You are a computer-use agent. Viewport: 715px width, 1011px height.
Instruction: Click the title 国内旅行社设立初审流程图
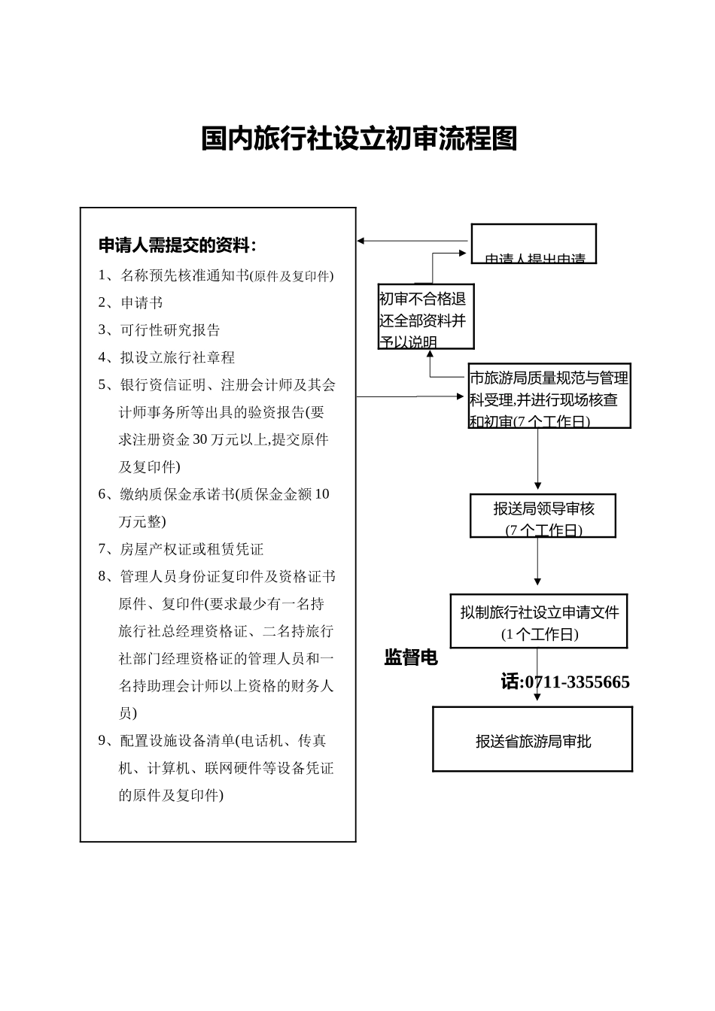359,138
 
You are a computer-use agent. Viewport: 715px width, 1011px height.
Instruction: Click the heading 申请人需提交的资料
177,245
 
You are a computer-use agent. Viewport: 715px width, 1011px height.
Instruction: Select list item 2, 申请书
141,302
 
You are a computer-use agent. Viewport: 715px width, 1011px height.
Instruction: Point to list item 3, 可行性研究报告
170,330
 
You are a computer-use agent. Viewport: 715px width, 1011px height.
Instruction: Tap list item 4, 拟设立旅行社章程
178,357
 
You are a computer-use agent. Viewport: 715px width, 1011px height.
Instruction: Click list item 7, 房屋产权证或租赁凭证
191,549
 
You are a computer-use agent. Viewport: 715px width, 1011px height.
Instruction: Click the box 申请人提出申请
534,244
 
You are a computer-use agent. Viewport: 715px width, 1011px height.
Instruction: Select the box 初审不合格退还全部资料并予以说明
426,317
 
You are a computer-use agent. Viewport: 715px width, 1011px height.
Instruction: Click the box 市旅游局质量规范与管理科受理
549,396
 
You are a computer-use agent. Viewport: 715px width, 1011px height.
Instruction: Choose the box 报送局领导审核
543,516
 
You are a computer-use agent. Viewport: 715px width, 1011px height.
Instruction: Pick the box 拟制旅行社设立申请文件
539,621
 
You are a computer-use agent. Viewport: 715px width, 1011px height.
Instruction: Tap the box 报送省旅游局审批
533,739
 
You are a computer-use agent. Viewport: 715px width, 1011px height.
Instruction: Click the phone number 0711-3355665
577,682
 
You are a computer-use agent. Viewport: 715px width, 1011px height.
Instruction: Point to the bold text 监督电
411,657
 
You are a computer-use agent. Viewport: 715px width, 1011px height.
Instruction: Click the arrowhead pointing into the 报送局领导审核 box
537,486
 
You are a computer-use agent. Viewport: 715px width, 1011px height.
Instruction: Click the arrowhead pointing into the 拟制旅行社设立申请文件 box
537,581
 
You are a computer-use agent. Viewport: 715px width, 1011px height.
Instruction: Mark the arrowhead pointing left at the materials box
361,241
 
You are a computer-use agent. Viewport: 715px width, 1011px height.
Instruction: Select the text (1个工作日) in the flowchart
540,634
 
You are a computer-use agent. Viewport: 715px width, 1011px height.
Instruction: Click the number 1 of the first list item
102,275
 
